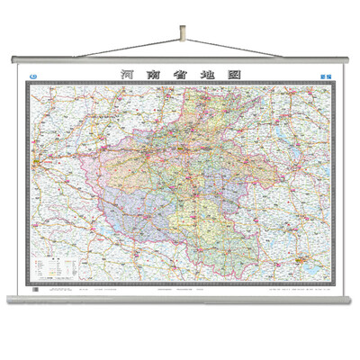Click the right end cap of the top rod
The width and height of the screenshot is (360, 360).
point(346,59)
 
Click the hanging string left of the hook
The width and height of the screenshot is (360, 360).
point(99,48)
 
